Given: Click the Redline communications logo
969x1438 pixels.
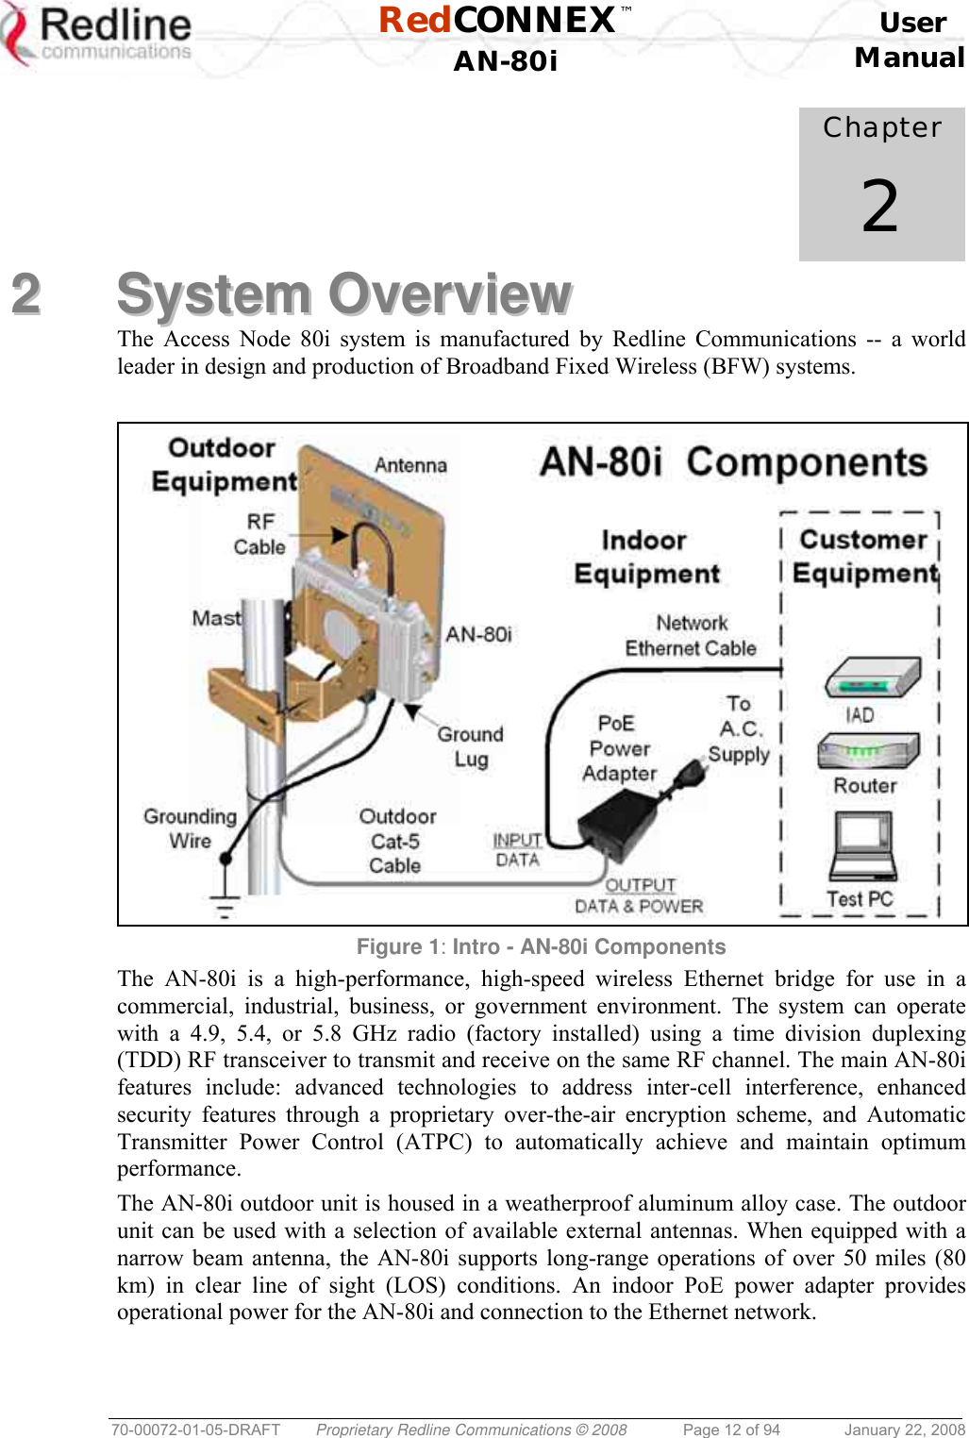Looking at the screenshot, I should [x=98, y=36].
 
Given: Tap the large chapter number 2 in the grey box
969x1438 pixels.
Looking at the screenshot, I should [x=879, y=207].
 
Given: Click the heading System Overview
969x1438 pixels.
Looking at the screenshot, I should [x=343, y=294].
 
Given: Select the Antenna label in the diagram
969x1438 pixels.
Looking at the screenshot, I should [x=410, y=465].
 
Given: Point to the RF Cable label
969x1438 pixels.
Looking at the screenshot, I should [x=259, y=534].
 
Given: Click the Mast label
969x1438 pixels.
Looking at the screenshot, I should [x=217, y=618].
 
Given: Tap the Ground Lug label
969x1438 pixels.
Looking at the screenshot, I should [x=470, y=746].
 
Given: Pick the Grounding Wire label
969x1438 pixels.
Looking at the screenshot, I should [x=190, y=828].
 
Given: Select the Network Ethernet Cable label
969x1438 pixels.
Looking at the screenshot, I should [x=691, y=635].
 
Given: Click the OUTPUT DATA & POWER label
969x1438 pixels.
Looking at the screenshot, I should [x=640, y=895].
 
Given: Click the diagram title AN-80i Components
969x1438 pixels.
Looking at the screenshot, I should [x=733, y=462].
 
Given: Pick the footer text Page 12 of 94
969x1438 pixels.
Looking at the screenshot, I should [x=731, y=1430].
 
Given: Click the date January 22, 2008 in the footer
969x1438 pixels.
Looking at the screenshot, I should [x=904, y=1430].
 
